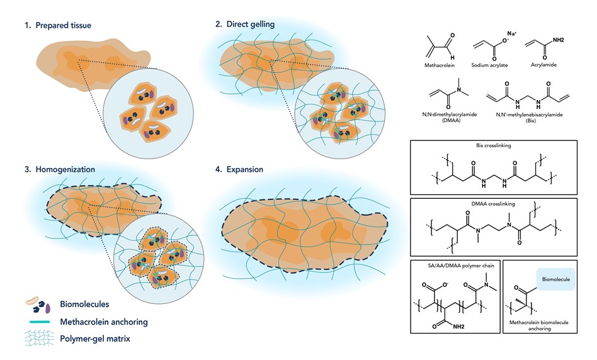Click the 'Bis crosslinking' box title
[x=499, y=145]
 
